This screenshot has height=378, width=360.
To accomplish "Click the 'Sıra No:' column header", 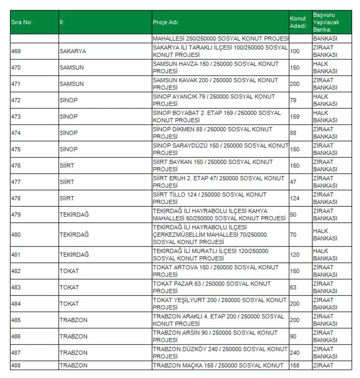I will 22,22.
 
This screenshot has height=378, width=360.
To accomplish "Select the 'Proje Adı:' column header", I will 166,22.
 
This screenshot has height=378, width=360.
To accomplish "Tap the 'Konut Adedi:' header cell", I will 298,22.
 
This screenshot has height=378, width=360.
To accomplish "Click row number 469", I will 17,51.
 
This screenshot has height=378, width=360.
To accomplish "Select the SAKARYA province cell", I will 73,51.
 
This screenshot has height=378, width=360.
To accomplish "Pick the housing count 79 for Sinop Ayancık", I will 294,100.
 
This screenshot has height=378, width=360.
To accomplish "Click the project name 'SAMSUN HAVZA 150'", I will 216,67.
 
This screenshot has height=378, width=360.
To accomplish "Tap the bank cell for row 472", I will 325,100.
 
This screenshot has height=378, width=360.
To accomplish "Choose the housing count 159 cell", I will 295,116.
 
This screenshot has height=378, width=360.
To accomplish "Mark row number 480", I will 17,234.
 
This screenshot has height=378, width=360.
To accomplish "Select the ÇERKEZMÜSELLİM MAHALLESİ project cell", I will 209,234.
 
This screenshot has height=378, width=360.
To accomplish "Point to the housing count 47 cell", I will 294,182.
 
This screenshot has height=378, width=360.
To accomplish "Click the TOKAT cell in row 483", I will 69,287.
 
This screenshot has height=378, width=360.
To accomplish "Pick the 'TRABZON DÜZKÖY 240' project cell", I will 220,353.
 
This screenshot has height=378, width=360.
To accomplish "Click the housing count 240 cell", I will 295,353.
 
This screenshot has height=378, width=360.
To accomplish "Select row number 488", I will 17,365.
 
